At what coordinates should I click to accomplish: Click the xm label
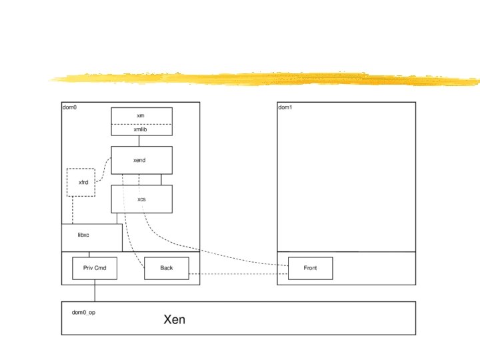[x=141, y=115]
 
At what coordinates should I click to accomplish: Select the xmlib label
[x=141, y=130]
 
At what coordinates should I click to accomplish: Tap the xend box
[x=141, y=160]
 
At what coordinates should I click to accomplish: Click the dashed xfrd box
[x=81, y=182]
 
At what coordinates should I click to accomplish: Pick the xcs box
[x=141, y=199]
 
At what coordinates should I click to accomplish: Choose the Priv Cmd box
[x=95, y=268]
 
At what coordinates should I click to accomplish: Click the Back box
[x=167, y=268]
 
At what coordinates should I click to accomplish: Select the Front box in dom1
[x=310, y=268]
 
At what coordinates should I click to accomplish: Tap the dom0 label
[x=69, y=107]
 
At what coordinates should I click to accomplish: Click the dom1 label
[x=285, y=107]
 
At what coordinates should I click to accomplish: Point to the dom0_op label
[x=84, y=312]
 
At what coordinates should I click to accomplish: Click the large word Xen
[x=175, y=320]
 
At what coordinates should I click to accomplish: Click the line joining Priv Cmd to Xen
[x=95, y=290]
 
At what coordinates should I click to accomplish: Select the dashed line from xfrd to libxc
[x=73, y=210]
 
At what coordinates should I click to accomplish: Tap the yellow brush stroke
[x=267, y=79]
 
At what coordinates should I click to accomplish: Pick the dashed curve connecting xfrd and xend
[x=103, y=170]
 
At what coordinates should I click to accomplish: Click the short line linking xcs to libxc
[x=117, y=218]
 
